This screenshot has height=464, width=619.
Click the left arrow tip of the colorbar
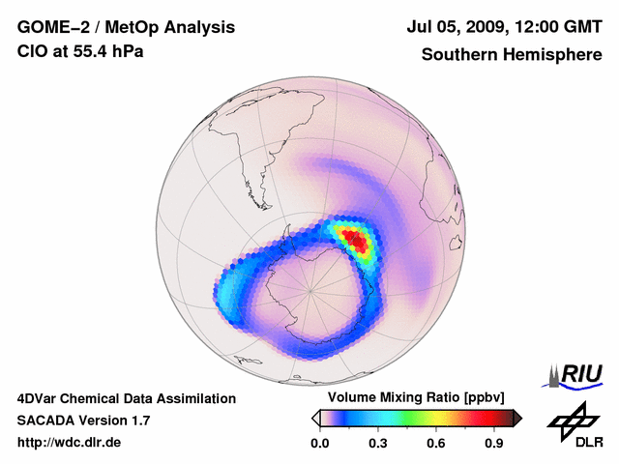click(315, 418)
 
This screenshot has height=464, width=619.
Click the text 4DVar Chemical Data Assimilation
click(126, 398)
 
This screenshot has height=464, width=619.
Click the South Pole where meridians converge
click(309, 290)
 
